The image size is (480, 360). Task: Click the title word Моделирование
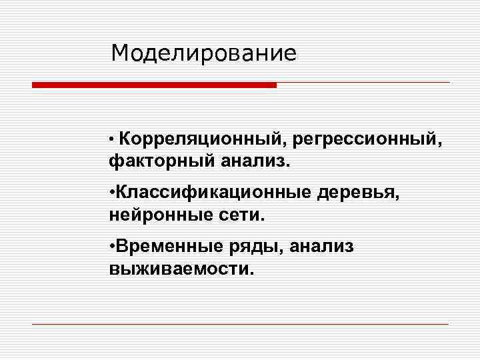coord(203,53)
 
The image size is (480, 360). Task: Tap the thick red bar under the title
coord(154,85)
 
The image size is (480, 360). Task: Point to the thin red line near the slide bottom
coord(240,324)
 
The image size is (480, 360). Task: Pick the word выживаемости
coord(179,270)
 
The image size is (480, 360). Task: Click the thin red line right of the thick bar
coord(363,83)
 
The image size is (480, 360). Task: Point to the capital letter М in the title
coord(121,53)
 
